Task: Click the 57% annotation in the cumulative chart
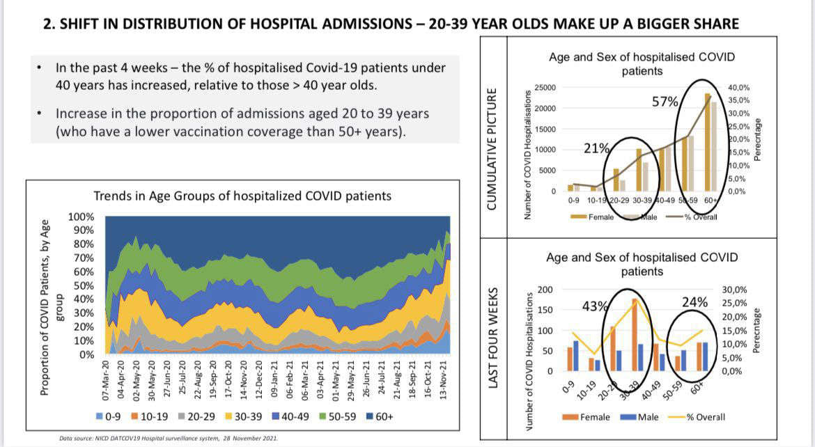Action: pyautogui.click(x=665, y=102)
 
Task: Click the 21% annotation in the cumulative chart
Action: pyautogui.click(x=596, y=148)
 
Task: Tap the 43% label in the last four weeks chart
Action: pyautogui.click(x=595, y=306)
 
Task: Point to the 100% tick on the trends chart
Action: pyautogui.click(x=83, y=217)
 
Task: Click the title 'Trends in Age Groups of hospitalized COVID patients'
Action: pyautogui.click(x=242, y=196)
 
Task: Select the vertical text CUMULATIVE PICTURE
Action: pyautogui.click(x=492, y=149)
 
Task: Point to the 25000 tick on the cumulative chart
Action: pyautogui.click(x=545, y=88)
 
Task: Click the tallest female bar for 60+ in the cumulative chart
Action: pyautogui.click(x=708, y=142)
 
